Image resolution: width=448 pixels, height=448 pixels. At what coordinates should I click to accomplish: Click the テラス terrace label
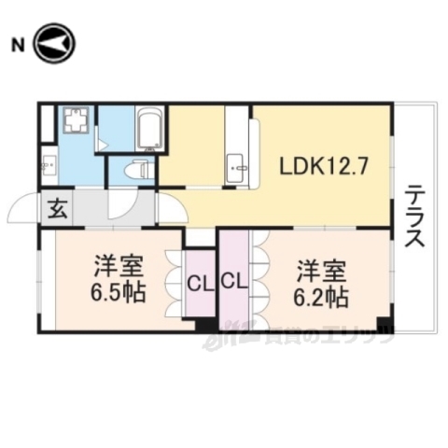pos(414,216)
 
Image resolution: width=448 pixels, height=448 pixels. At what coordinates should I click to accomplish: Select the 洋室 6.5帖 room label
pos(119,279)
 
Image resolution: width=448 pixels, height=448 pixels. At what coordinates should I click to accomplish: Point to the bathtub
pos(149,130)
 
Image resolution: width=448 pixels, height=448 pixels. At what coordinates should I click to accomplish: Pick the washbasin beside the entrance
pos(48,167)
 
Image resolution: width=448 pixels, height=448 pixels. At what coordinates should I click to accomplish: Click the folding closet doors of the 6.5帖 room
pos(174,280)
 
